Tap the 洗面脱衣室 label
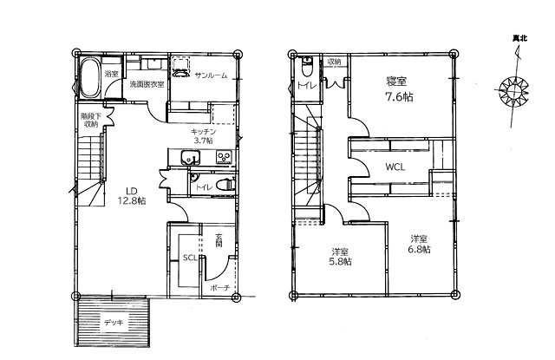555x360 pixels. point(147,85)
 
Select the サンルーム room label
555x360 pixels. point(211,75)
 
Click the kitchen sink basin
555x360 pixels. point(191,158)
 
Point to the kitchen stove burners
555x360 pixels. point(224,157)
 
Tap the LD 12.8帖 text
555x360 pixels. point(131,196)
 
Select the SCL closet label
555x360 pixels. point(190,258)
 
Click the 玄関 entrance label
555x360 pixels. point(219,239)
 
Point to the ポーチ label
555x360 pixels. point(220,288)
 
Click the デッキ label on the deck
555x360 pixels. point(114,323)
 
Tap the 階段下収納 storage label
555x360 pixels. point(91,120)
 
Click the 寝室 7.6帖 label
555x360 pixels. point(399,88)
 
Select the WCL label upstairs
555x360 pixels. point(395,167)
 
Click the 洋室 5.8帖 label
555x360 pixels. point(341,257)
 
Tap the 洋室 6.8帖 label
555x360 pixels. point(419,245)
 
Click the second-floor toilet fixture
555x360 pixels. point(306,68)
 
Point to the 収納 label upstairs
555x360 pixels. point(334,62)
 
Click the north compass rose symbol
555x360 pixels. point(513,92)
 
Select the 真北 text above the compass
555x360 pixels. point(519,38)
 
